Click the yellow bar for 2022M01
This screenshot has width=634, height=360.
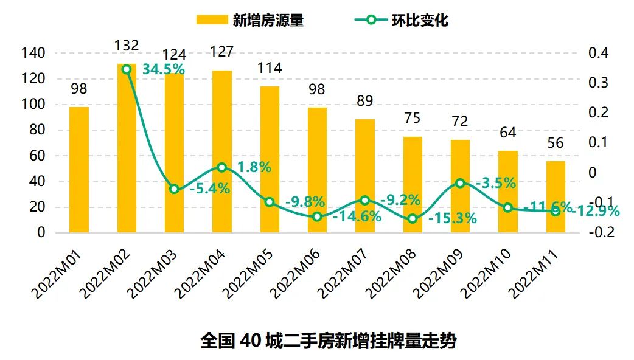(79, 170)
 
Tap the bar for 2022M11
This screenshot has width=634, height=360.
(556, 196)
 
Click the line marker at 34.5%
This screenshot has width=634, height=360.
(127, 69)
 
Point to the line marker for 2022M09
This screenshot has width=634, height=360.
(460, 183)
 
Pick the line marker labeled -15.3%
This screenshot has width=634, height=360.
(413, 218)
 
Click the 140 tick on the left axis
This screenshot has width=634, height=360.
(33, 54)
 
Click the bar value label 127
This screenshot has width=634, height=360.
(221, 52)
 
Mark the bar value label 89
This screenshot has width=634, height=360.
(365, 101)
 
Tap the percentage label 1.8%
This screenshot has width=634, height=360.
(254, 167)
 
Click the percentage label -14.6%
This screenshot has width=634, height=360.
(357, 216)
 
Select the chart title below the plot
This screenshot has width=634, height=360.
(328, 341)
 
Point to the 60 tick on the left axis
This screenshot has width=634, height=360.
(38, 156)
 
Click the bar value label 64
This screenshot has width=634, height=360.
(507, 133)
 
